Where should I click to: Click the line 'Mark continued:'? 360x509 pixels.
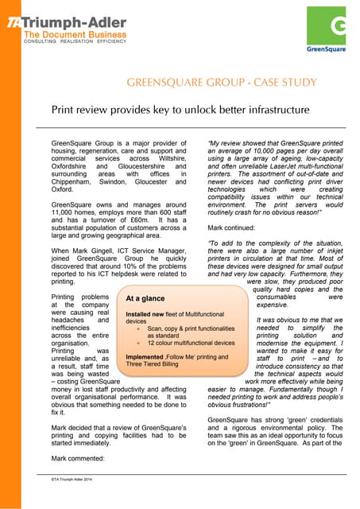tap(234, 224)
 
